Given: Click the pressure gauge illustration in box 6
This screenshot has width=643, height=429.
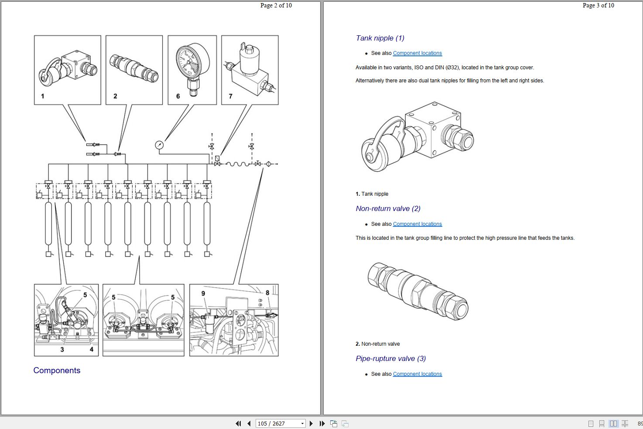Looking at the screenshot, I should point(192,68).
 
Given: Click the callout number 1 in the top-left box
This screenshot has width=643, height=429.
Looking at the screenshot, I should point(43,96).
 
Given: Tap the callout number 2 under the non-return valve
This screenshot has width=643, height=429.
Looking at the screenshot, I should point(115,96).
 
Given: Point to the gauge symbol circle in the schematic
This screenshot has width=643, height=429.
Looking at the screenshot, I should point(159,145).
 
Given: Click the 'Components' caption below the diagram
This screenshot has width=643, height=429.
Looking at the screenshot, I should point(57,371).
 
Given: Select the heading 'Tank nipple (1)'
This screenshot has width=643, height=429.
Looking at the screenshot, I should point(380,38).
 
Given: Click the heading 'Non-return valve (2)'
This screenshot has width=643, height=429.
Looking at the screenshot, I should point(388,208).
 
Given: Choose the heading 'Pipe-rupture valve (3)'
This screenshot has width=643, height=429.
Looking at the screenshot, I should point(390,358).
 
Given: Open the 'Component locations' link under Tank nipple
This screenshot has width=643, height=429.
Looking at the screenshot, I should point(417,53).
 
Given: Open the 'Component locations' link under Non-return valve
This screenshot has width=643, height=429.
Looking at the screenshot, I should point(417,224).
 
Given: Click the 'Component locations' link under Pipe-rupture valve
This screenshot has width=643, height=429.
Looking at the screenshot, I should point(417,374).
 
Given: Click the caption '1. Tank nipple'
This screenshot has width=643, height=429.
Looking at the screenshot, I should point(372,194).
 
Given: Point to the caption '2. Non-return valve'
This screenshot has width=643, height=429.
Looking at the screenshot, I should point(377,344).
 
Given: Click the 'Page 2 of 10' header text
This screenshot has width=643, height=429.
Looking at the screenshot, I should point(276,6).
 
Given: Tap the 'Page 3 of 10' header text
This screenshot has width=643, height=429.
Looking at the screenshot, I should point(598,6).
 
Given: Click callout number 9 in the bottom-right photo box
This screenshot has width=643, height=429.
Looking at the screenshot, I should point(203,293).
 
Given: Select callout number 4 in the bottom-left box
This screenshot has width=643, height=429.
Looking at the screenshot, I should point(92,349).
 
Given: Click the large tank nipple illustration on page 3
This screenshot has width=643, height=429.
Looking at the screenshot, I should point(417,136).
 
